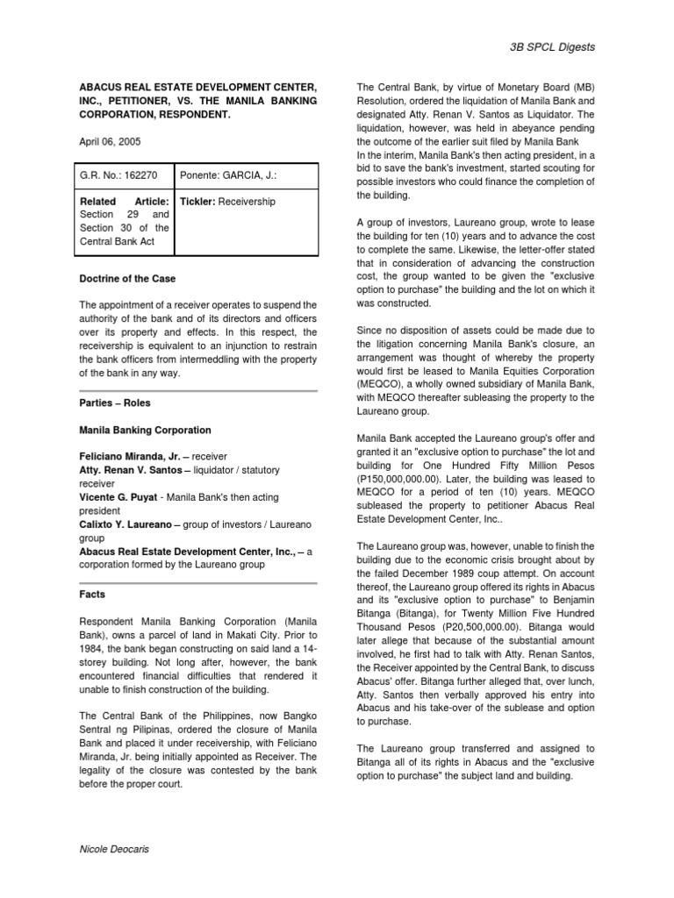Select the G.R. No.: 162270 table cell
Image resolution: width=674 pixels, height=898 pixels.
(x=118, y=175)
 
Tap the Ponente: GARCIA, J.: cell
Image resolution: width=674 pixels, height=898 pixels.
(x=228, y=175)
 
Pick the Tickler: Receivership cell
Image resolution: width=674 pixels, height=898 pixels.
(x=227, y=202)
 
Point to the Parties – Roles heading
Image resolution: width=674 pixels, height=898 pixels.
(x=114, y=403)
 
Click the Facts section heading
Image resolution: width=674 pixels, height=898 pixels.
(x=92, y=594)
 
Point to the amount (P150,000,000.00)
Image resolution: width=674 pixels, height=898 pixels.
(x=407, y=481)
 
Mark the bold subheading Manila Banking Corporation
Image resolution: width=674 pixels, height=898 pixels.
(x=145, y=431)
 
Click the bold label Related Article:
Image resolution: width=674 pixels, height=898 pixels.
(x=124, y=202)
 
